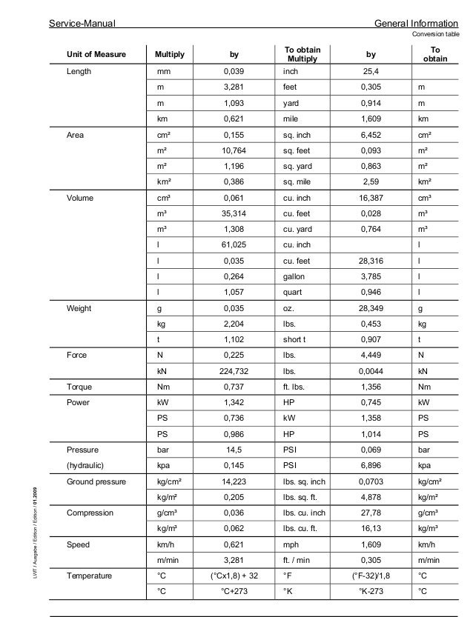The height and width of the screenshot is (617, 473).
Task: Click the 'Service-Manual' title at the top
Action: [x=81, y=23]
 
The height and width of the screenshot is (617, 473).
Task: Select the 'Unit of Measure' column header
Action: [x=96, y=55]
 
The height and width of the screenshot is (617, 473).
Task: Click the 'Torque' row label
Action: [x=79, y=386]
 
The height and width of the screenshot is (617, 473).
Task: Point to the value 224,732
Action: [x=234, y=370]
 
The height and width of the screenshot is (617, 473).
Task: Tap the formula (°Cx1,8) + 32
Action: [x=234, y=576]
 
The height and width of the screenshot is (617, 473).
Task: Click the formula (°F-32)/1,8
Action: [x=371, y=576]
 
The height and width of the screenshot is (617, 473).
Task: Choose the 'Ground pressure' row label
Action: [x=94, y=481]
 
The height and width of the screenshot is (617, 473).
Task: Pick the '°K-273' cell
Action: [x=371, y=591]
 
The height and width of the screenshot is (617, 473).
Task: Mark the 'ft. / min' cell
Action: [x=301, y=559]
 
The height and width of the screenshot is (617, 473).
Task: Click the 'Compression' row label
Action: [x=90, y=512]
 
